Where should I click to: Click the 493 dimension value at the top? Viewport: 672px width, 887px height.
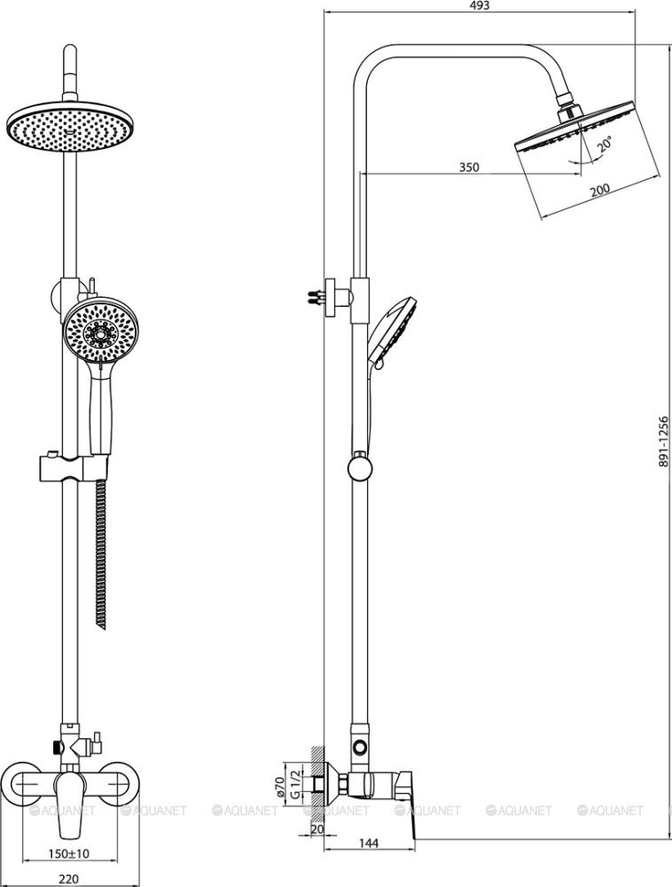(x=480, y=5)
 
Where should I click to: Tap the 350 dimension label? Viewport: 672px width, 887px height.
(x=468, y=167)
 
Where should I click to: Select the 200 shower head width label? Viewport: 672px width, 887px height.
(x=599, y=190)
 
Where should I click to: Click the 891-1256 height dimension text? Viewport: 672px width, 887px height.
(x=663, y=442)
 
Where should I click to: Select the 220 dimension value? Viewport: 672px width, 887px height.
(x=68, y=879)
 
